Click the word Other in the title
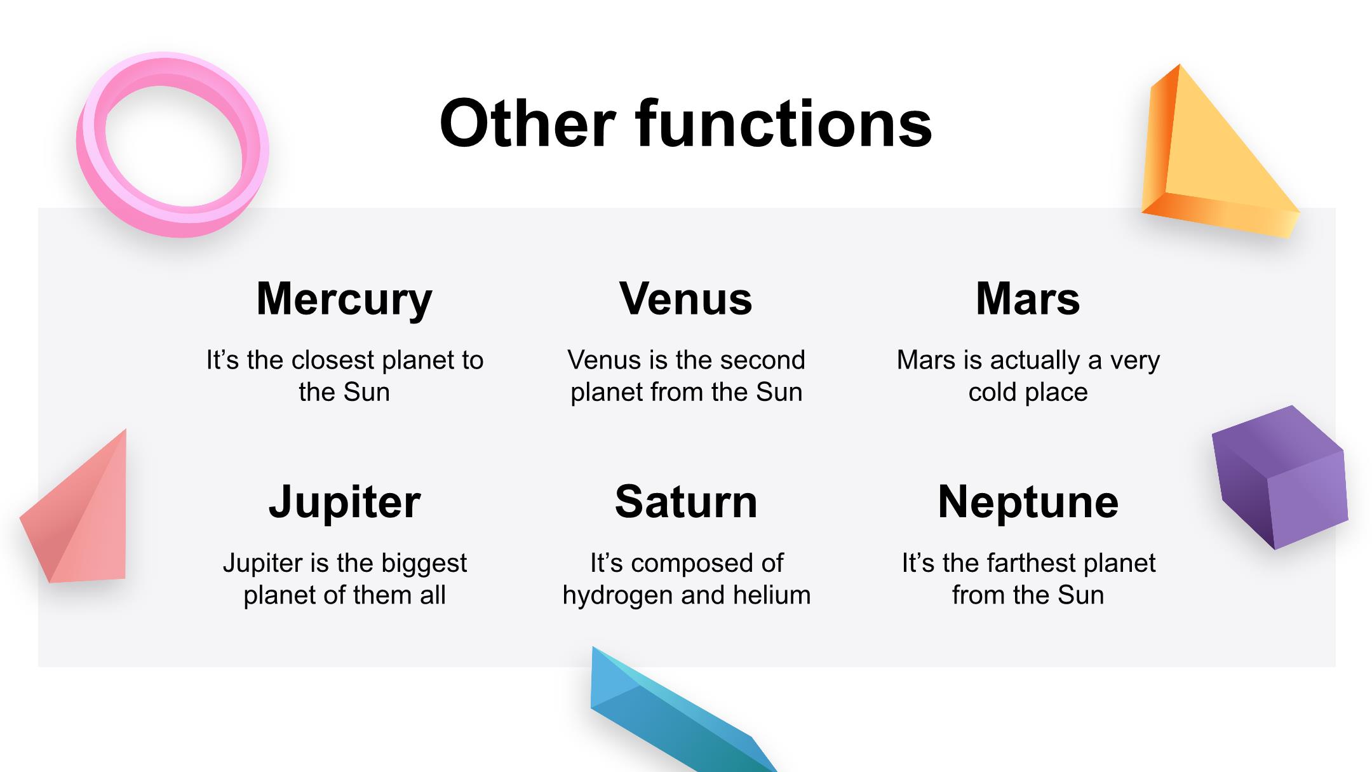[528, 123]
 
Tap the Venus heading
[686, 299]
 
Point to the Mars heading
[1028, 299]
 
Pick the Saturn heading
[686, 502]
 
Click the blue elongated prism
[673, 712]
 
